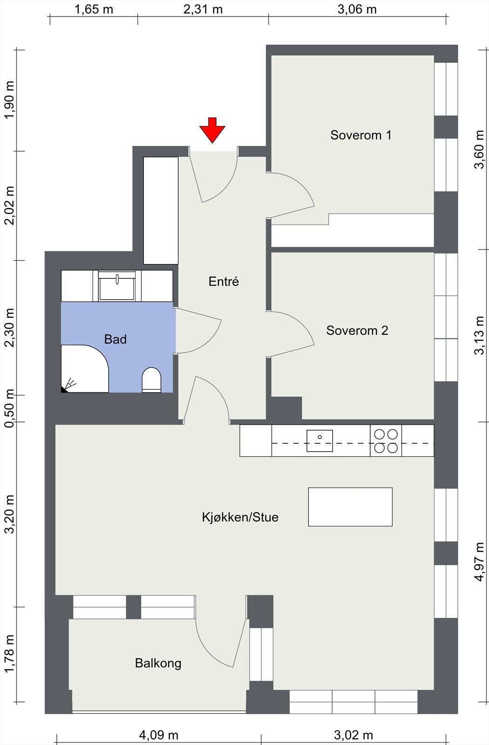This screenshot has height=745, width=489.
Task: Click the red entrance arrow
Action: pos(212,130)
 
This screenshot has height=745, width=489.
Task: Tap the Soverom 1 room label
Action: pos(360,135)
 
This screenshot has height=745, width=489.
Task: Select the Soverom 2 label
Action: pos(357,330)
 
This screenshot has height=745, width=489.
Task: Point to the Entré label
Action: pos(224,281)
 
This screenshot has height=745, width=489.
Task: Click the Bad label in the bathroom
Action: pos(115,339)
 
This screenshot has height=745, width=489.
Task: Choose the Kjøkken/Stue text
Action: pos(240,517)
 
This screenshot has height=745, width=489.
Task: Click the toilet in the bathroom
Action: pos(151,380)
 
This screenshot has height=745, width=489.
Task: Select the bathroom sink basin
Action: pos(117,286)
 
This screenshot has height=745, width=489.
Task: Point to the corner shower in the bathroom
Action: pos(85,368)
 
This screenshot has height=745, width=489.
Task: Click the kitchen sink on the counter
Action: pos(319,440)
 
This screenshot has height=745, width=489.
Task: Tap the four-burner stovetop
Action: pos(386,440)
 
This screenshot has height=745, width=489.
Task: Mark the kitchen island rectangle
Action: pos(350,507)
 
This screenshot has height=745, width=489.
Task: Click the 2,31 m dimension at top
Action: pos(203,9)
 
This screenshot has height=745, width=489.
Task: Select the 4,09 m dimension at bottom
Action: pos(159,735)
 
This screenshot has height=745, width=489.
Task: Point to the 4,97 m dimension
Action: pos(479,562)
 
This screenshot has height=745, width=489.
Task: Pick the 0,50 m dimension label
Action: pos(9,408)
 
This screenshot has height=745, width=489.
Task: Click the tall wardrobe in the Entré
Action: pos(161,210)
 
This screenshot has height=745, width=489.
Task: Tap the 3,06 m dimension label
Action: pos(357,9)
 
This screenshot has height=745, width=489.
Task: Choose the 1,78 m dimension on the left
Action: pos(9,654)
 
